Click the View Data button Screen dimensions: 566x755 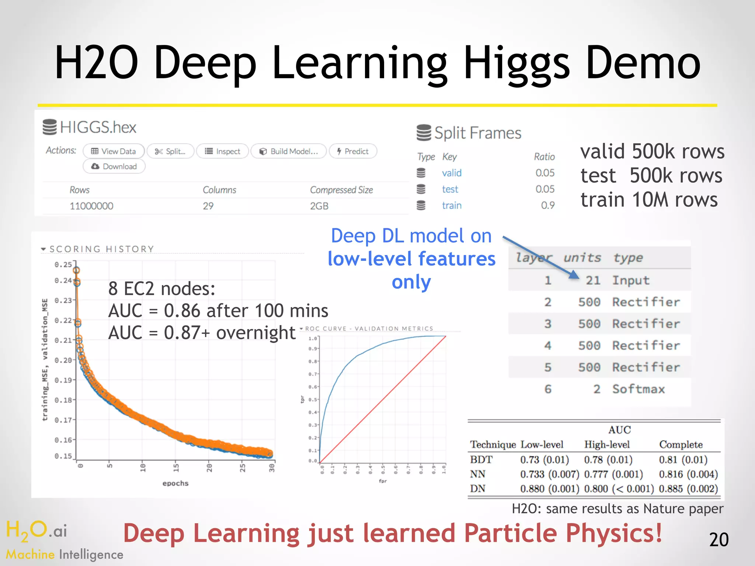(x=114, y=151)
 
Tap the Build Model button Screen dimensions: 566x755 (x=289, y=151)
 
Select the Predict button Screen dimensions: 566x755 (x=353, y=151)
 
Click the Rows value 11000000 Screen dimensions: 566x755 (x=91, y=206)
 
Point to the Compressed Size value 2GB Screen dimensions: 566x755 (x=319, y=206)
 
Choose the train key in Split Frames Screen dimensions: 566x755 (x=452, y=205)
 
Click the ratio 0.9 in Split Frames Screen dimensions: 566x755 (x=547, y=205)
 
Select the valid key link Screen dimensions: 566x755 (x=452, y=173)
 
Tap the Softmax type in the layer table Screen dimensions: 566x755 (x=639, y=389)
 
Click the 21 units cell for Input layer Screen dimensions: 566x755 (x=593, y=280)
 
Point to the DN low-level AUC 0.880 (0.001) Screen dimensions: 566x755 (x=549, y=489)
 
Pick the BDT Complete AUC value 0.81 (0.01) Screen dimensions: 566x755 (x=683, y=460)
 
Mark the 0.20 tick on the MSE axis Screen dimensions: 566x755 (x=63, y=360)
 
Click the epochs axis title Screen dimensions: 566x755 (x=175, y=483)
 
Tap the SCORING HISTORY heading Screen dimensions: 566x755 (x=101, y=249)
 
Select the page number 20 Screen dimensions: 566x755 (x=719, y=540)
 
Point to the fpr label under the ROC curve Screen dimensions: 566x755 (x=383, y=481)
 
